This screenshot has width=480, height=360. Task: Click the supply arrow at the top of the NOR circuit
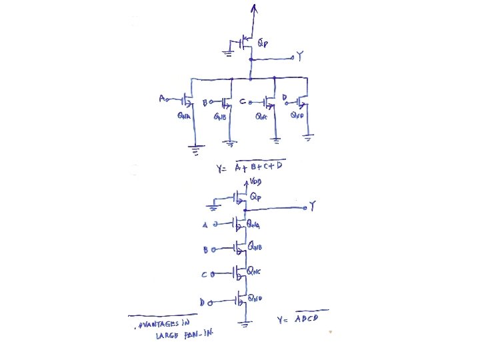pyautogui.click(x=252, y=8)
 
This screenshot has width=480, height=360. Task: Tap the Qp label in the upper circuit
pyautogui.click(x=263, y=44)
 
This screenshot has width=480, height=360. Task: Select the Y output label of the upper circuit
pyautogui.click(x=299, y=59)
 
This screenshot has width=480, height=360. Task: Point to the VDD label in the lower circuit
pyautogui.click(x=256, y=181)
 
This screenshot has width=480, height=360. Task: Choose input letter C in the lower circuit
pyautogui.click(x=205, y=275)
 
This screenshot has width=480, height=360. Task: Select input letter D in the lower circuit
pyautogui.click(x=202, y=302)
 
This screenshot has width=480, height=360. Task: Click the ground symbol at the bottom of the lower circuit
pyautogui.click(x=245, y=324)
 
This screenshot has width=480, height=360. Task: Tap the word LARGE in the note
pyautogui.click(x=168, y=335)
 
